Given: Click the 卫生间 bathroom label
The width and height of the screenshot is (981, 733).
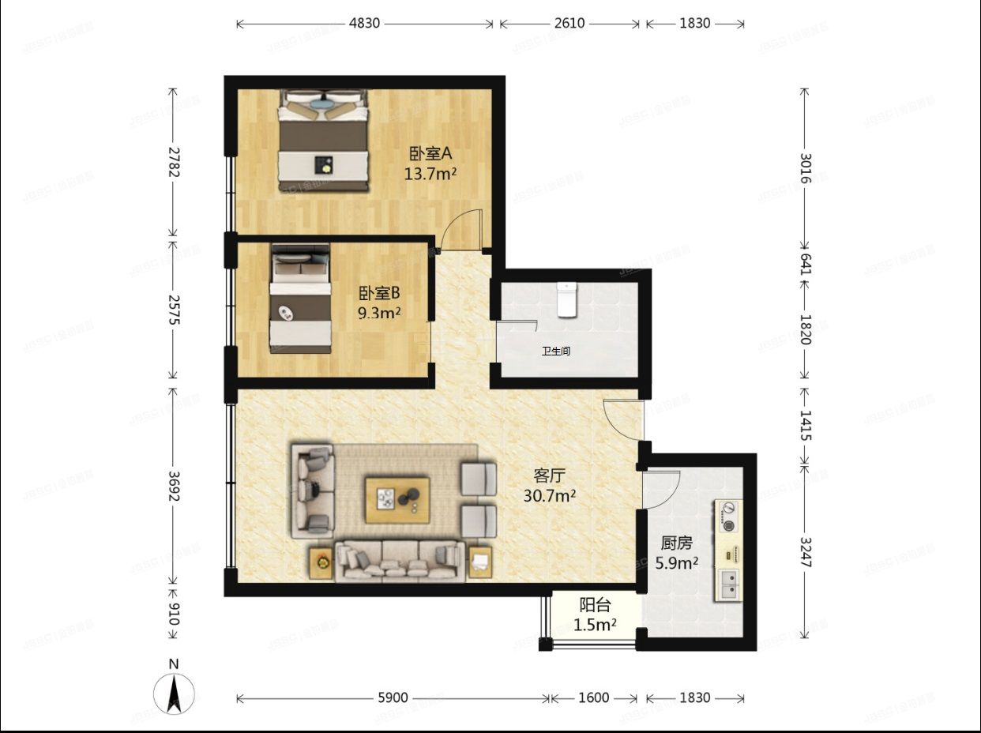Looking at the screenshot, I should [556, 351].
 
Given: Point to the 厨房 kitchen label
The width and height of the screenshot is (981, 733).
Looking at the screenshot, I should [677, 543].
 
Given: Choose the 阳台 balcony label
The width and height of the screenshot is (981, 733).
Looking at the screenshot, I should [595, 605].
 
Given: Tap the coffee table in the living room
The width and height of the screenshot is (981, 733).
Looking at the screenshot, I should [397, 499].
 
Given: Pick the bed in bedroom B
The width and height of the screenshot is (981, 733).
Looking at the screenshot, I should [300, 298].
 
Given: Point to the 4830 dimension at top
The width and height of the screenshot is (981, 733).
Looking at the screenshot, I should [365, 23].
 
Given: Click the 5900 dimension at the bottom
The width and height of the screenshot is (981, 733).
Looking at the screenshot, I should [393, 697].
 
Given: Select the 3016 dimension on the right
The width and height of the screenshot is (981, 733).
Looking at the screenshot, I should [805, 167].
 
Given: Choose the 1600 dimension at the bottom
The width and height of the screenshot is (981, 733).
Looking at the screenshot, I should [594, 697].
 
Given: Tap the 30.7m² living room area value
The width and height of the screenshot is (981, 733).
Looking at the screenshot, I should [549, 496].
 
